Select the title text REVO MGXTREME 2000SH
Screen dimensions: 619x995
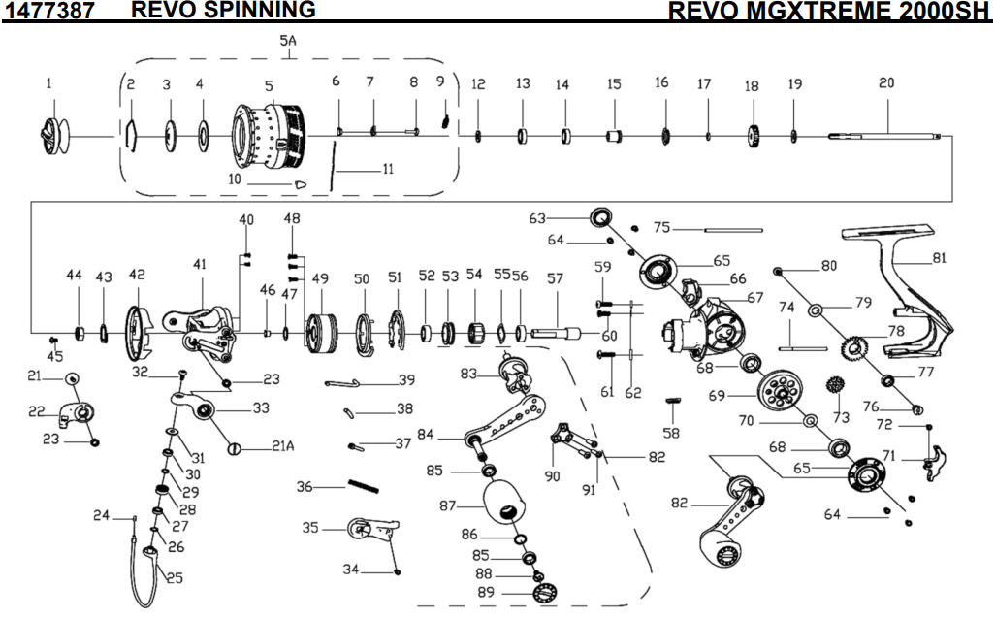pos(828,11)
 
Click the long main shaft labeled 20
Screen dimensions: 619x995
pos(887,137)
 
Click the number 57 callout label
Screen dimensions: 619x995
pos(555,278)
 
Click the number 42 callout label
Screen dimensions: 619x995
pos(136,276)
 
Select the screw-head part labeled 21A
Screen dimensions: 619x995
pos(235,447)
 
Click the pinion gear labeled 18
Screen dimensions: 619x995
pos(753,134)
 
